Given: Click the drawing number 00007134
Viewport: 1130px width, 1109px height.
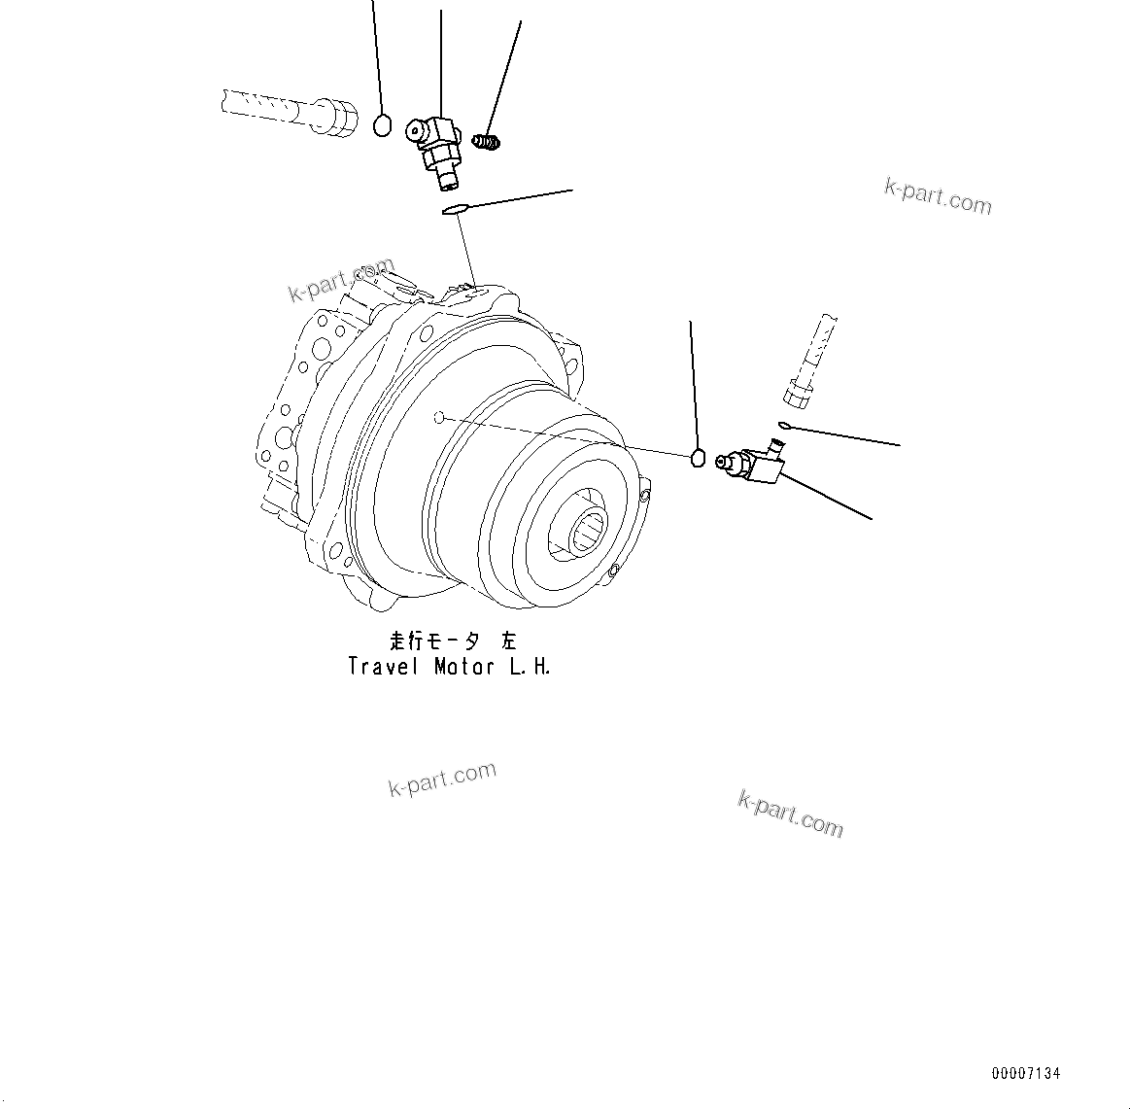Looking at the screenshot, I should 1026,1074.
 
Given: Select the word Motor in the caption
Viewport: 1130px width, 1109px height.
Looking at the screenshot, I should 464,667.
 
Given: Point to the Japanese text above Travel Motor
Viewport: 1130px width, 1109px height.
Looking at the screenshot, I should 452,641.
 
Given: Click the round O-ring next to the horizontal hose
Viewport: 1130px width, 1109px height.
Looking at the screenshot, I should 382,125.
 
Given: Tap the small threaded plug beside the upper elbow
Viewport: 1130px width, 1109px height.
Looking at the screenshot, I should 487,143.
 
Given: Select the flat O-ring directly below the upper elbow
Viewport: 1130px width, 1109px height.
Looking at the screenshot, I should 455,209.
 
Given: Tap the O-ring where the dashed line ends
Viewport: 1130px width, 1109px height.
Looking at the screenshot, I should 697,458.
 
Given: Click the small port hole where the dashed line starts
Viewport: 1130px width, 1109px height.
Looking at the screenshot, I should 438,418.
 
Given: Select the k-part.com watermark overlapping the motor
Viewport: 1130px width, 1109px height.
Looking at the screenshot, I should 341,279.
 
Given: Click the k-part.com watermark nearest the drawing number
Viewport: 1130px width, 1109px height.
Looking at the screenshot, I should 791,813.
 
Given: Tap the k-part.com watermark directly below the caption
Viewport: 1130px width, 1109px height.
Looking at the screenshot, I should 442,780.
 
